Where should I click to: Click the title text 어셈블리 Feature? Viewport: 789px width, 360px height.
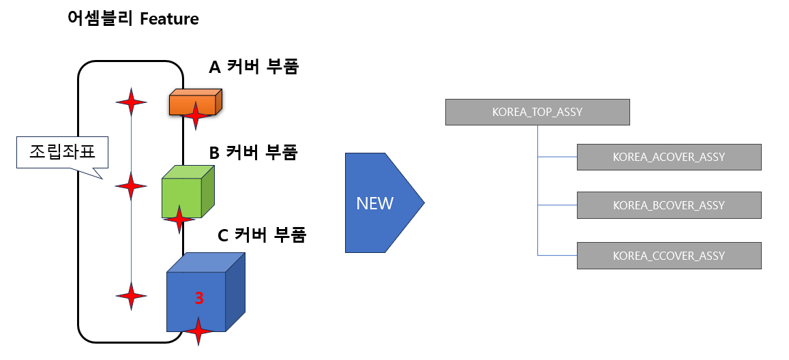[x=133, y=18]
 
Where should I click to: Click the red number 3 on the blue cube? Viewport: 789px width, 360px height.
[x=199, y=298]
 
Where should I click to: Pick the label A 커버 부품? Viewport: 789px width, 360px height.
[x=254, y=67]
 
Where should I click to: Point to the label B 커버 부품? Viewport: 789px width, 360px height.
[x=253, y=152]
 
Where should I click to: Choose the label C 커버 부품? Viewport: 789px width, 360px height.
[x=262, y=236]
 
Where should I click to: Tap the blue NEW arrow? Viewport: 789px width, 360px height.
[x=378, y=202]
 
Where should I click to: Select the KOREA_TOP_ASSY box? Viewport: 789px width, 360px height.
[x=537, y=112]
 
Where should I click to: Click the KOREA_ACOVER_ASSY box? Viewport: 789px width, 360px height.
[x=668, y=157]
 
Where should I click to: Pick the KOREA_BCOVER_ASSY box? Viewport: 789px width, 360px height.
[x=668, y=205]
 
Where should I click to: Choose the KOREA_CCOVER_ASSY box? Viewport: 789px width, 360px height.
[x=668, y=256]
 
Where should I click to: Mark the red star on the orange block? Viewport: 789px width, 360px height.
[x=196, y=115]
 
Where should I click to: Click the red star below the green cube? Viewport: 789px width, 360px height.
[x=179, y=220]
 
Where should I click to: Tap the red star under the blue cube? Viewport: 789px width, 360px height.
[x=198, y=331]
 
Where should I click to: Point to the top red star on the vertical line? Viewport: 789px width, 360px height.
[x=131, y=102]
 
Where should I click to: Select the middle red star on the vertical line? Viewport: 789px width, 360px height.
[x=131, y=185]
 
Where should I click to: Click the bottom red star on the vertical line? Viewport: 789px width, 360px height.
[x=131, y=296]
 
